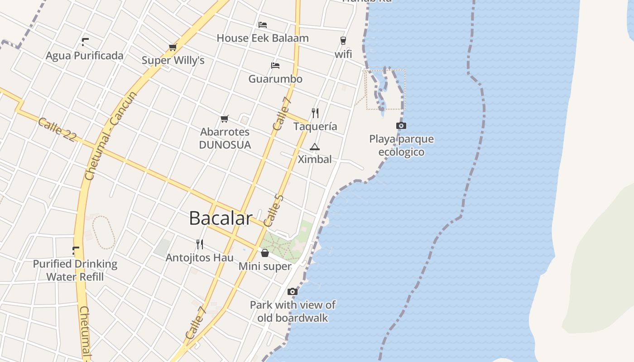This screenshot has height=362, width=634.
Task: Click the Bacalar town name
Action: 221,218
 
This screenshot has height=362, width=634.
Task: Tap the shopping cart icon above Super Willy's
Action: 173,47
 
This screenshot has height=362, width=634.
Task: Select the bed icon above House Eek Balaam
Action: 263,24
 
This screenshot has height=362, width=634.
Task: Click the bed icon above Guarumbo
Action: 275,66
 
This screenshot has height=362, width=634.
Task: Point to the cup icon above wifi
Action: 343,40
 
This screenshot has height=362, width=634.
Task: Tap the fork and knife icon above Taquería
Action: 315,113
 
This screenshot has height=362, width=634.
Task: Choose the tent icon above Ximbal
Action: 314,147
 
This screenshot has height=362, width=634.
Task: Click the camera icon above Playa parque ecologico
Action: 401,125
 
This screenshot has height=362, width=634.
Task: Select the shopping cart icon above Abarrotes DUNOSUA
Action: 225,119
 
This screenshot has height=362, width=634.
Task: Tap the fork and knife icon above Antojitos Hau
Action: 200,244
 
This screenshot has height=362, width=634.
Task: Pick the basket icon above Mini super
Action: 265,253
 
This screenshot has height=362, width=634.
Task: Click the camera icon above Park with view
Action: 293,291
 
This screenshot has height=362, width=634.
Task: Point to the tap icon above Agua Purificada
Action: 85,42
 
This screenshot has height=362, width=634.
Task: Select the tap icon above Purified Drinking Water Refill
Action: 76,250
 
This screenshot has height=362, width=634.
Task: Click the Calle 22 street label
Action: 57,129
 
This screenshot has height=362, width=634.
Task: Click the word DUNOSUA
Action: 225,145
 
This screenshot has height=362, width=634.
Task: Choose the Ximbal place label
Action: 315,159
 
